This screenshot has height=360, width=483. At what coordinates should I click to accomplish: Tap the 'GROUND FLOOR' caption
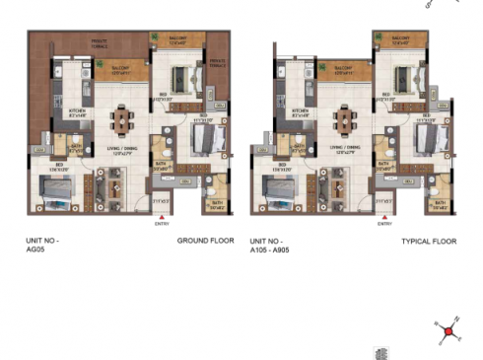click(205, 241)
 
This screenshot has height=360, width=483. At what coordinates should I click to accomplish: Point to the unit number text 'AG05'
click(36, 250)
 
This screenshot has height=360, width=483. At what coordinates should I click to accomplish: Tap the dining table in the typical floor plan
click(346, 120)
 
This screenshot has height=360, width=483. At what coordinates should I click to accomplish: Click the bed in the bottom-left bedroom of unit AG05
click(58, 193)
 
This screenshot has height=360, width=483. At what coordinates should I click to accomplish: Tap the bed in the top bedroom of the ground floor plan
click(181, 80)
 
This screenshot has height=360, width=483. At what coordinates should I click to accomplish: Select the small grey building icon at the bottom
click(380, 352)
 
